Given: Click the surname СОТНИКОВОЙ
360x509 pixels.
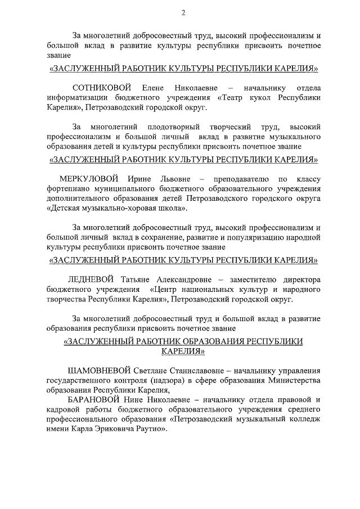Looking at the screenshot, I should point(102,88).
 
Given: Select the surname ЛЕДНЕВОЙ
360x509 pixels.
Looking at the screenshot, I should point(91,280).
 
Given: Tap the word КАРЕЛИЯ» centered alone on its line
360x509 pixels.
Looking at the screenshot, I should point(183,351).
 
